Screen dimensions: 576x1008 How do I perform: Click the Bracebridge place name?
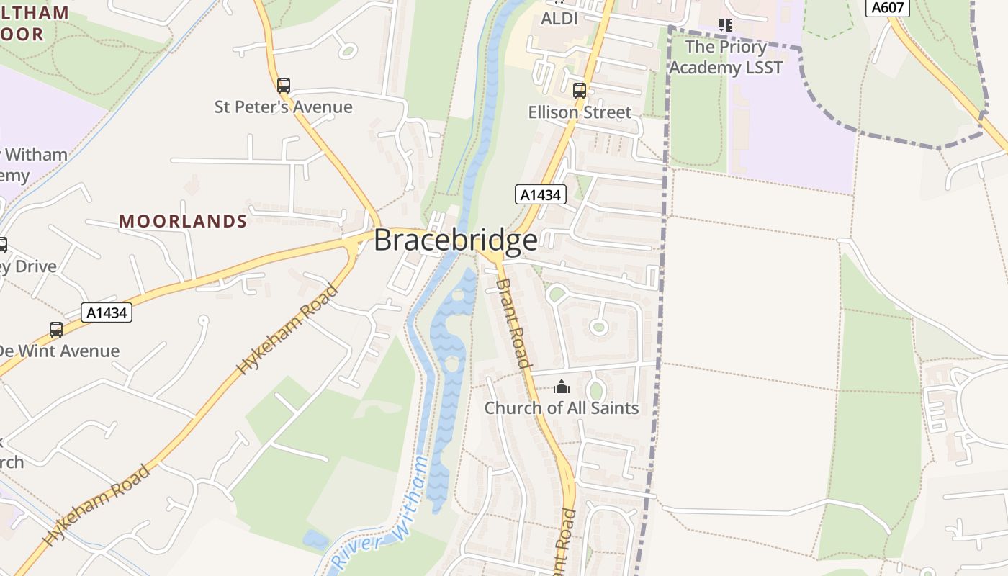coord(455,240)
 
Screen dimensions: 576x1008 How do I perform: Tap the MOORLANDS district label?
coord(183,221)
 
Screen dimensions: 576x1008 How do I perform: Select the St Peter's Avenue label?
coord(283,107)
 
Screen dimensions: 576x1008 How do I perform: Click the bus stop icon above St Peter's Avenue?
coord(284,86)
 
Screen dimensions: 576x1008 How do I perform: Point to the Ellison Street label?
coord(579,112)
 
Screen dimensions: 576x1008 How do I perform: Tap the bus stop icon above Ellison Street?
coord(579,91)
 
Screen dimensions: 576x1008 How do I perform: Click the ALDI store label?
coord(559,19)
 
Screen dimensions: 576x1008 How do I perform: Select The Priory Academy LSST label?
coord(725,58)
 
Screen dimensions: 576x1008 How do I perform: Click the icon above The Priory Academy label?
coord(725,25)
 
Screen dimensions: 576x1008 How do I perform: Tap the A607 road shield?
coord(888,7)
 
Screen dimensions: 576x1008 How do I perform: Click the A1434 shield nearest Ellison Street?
coord(541,194)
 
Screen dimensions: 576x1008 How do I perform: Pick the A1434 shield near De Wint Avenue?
coord(107,312)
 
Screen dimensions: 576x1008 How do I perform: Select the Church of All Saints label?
coord(561,408)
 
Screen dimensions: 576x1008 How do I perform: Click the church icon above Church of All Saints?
coord(561,387)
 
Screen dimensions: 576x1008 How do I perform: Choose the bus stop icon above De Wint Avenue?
coord(56,330)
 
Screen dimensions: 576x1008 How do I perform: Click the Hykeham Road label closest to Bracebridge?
coord(288,329)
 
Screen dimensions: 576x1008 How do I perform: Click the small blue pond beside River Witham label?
coord(315,539)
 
